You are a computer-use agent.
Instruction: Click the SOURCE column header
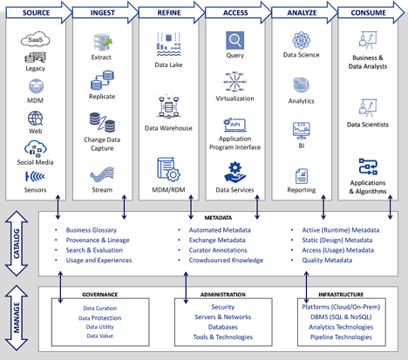(34, 12)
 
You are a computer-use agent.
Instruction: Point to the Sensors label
(36, 189)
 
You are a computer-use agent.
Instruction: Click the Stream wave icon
(101, 173)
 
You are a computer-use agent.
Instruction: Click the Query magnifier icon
(235, 40)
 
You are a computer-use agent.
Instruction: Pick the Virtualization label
(235, 98)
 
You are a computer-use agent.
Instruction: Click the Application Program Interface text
(235, 144)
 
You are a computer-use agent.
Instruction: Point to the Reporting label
(301, 189)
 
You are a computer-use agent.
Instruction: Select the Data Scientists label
(367, 125)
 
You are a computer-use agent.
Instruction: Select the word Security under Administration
(222, 307)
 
